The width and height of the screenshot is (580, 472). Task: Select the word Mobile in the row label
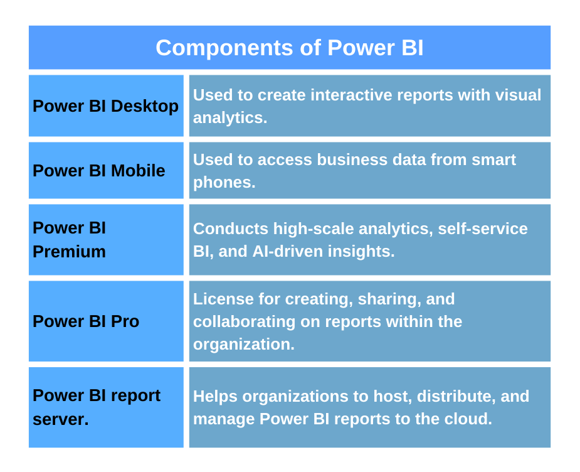point(138,171)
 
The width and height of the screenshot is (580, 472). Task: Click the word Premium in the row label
point(69,252)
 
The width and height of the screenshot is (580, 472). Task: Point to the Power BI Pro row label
point(86,321)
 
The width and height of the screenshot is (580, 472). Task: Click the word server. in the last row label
point(60,419)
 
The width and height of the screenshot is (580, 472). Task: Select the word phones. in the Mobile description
point(224,182)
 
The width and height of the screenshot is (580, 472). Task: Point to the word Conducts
point(230,229)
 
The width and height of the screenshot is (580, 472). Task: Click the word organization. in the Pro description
point(243,344)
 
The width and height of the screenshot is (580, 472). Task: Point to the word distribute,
point(451,397)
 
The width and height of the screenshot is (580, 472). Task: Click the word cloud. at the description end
point(468,419)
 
